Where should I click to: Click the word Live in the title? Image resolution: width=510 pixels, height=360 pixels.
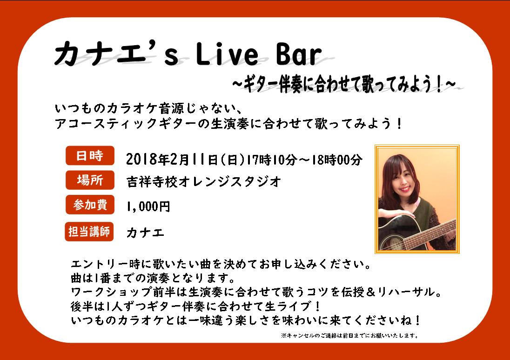point(227,54)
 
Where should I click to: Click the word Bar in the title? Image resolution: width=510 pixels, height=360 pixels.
point(299,54)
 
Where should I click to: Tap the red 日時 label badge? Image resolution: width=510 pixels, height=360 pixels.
point(90,155)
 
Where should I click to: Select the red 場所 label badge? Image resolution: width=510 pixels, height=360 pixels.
point(90,180)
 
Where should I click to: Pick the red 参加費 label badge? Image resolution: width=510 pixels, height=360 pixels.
point(90,205)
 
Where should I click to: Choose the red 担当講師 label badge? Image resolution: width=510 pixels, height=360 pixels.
point(89,232)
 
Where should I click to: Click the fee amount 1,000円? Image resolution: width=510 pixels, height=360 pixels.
point(148,207)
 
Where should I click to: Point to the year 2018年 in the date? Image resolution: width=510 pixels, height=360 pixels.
point(148,160)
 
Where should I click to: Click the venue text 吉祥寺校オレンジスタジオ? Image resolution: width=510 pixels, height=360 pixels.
point(204,181)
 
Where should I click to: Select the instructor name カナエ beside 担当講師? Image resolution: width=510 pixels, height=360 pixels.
point(145,233)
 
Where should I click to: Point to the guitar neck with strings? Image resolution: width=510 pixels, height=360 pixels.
point(430,234)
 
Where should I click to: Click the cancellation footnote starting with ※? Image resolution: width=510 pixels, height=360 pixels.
point(350,335)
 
